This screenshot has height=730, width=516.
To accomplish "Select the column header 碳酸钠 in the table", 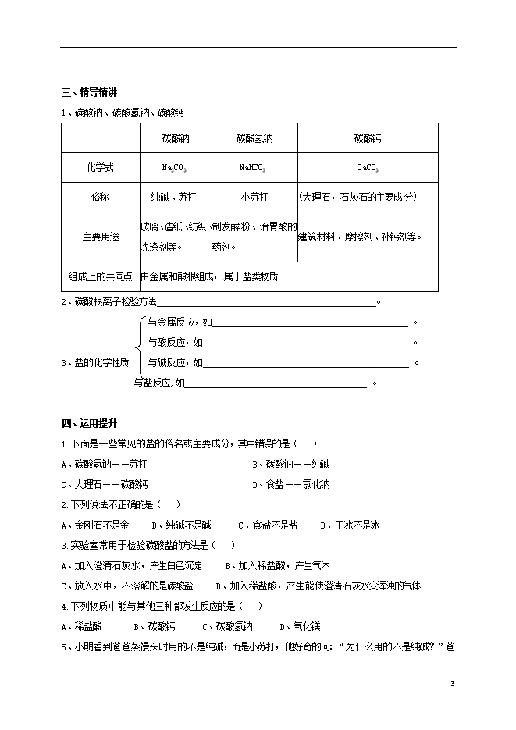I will [x=175, y=139].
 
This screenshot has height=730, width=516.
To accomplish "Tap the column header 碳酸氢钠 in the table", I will [x=254, y=139].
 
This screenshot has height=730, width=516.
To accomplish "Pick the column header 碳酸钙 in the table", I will [x=368, y=139].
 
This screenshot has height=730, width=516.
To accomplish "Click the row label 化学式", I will [x=100, y=167].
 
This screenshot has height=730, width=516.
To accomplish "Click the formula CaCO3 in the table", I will [x=368, y=167].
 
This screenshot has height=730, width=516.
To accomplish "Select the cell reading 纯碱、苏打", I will [x=175, y=197].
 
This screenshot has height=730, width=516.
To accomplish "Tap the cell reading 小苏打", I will [x=254, y=197].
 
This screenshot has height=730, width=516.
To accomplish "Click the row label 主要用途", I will [x=100, y=237].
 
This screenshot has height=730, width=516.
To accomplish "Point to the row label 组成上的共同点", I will [x=100, y=276].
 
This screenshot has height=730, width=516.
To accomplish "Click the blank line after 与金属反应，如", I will [x=309, y=322].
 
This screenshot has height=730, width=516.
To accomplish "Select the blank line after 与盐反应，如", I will [x=275, y=383].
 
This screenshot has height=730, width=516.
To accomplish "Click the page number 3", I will [x=452, y=684].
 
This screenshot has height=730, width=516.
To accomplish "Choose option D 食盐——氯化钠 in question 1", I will [x=291, y=485].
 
